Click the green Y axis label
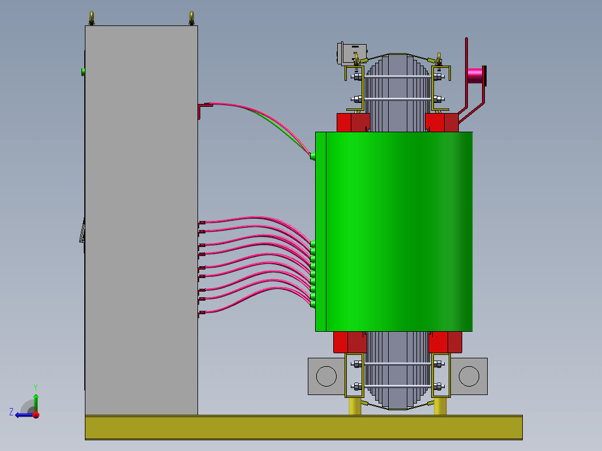point(35,387)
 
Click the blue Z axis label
point(11,412)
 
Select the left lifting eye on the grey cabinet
point(92,18)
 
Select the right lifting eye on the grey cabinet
point(191,18)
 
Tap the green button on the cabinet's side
point(83,72)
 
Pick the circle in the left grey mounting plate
point(326,376)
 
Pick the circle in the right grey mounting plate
point(469,376)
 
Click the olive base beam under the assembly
point(304,427)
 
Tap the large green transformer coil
point(394,232)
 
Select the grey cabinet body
point(141,220)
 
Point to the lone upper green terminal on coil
point(312,156)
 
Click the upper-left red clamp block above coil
point(353,123)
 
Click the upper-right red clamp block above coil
point(441,123)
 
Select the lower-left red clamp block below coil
point(350,342)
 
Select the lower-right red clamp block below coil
point(445,342)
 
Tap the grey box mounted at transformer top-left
point(351,54)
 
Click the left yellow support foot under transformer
point(355,406)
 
